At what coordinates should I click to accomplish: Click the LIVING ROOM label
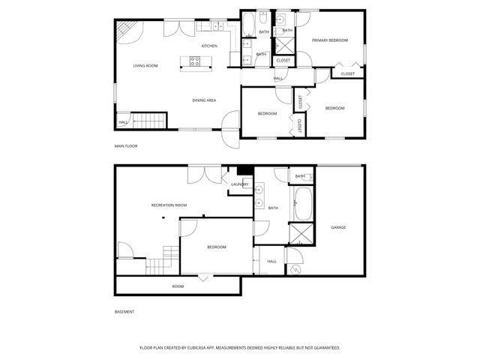point(145,66)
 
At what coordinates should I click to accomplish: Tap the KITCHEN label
point(209,46)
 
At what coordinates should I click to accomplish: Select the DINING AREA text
point(204,100)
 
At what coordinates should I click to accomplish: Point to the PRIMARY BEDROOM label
point(330,40)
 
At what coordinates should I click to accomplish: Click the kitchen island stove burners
point(194,62)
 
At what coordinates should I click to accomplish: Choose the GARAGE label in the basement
point(338,227)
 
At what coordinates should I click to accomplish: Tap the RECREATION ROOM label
point(169,205)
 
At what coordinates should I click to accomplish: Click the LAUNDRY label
point(240,184)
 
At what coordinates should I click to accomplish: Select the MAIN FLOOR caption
point(125,146)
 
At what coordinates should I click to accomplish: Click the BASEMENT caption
point(124,312)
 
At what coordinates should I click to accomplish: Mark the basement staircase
point(160,265)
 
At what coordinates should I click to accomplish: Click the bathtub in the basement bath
point(304,202)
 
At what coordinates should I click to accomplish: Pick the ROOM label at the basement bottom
point(178,286)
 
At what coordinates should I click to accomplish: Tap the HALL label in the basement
point(271,262)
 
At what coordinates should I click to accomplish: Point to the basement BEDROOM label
point(217,247)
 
